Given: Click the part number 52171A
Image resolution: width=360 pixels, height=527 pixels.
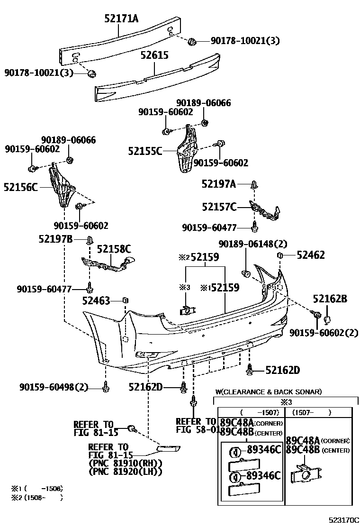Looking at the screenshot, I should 121,18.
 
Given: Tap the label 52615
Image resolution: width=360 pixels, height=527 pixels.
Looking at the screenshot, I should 154,55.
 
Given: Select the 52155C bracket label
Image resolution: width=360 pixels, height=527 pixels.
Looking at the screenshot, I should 145,151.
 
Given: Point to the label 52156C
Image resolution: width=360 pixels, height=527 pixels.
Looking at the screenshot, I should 21,187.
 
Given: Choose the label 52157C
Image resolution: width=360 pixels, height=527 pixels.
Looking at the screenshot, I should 219,207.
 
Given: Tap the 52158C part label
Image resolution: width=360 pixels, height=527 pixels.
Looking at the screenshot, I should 114,248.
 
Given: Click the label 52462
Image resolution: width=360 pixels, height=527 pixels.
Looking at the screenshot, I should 311,255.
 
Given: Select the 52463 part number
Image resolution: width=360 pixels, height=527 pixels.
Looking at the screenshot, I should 96,300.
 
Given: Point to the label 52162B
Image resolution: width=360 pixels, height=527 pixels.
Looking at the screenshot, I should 330,299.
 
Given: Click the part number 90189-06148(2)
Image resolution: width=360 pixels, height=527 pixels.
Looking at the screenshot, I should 253,244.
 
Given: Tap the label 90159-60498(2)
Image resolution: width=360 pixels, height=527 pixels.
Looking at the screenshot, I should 54,388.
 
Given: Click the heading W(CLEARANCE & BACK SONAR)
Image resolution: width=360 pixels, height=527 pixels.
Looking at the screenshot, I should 269,392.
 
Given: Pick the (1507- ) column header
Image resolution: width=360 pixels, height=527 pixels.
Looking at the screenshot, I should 311,412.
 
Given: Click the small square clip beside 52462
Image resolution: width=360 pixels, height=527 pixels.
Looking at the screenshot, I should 280,255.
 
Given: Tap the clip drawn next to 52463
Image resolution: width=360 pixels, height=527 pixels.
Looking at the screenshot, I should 126,300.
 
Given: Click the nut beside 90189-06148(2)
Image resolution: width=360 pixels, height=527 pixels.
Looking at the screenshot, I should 246,273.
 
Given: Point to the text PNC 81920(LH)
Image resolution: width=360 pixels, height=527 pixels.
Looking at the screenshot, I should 125,472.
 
